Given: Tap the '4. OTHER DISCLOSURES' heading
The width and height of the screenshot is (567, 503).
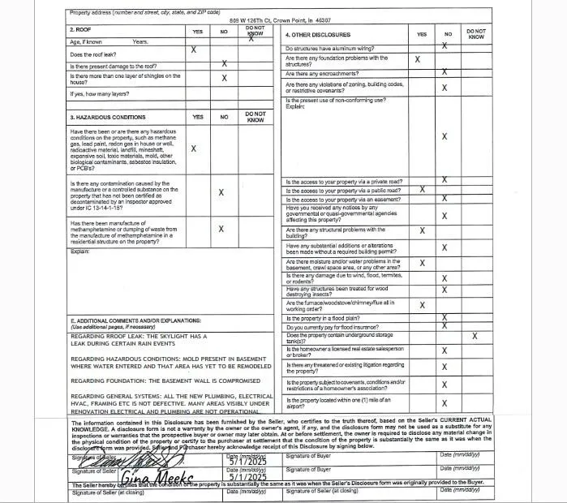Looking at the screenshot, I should click(318, 35).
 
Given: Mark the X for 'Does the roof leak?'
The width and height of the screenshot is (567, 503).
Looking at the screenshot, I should click(193, 50).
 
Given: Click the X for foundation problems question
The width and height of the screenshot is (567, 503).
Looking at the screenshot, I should click(418, 59).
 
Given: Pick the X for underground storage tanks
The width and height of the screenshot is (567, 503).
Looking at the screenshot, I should click(475, 335).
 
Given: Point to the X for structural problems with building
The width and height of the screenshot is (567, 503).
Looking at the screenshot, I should click(422, 231).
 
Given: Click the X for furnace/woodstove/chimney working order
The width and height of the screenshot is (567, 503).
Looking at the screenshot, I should click(422, 305).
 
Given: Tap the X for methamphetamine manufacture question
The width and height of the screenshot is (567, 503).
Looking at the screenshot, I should click(221, 229).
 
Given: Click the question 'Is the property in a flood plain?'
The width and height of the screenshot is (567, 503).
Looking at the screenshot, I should click(321, 318).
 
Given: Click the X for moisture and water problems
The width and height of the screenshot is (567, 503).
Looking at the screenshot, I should click(422, 263).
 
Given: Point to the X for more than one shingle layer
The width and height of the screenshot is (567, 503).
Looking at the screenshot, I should click(224, 78).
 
